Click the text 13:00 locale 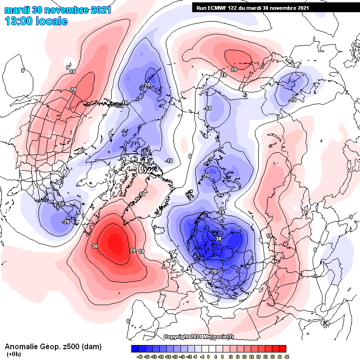pos(36,21)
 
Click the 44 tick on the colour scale pos(286,356)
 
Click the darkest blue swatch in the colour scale pos(135,348)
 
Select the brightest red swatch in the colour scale pos(283,348)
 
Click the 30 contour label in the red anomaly pos(95,246)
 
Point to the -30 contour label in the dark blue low pos(217,239)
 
